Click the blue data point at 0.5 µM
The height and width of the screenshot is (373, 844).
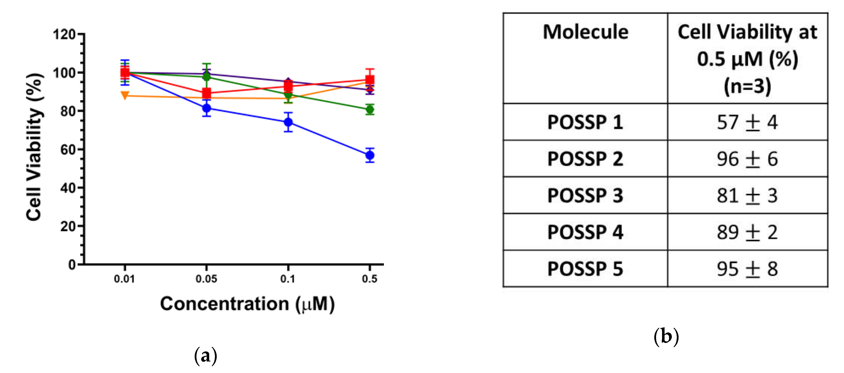pos(370,155)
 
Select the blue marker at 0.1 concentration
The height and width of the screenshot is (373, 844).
pos(288,122)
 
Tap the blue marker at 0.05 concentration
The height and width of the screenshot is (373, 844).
pos(206,108)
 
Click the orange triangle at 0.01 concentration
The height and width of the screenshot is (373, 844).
pos(125,95)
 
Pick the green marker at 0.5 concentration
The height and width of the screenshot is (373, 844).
pos(370,110)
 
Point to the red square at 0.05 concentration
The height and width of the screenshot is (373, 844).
pos(206,93)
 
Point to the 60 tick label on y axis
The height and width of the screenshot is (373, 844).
pos(68,150)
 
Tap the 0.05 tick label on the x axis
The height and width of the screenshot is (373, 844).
pos(206,279)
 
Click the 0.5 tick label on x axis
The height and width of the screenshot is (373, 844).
pos(370,279)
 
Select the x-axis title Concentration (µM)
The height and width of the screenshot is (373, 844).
pos(247,304)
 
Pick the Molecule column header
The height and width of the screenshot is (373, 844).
pos(586,32)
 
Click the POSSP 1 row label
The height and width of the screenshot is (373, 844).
pos(585,122)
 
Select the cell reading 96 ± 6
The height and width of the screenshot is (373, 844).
pos(747,159)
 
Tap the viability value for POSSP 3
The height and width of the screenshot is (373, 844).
pos(747,196)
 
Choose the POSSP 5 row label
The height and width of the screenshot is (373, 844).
pos(585,269)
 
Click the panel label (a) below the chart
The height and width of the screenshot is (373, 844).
pos(205,356)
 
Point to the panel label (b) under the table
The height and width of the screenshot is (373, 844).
pos(666,336)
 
